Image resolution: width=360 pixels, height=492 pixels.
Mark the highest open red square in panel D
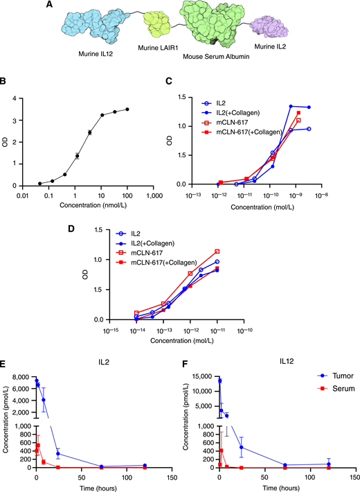[217, 252]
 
